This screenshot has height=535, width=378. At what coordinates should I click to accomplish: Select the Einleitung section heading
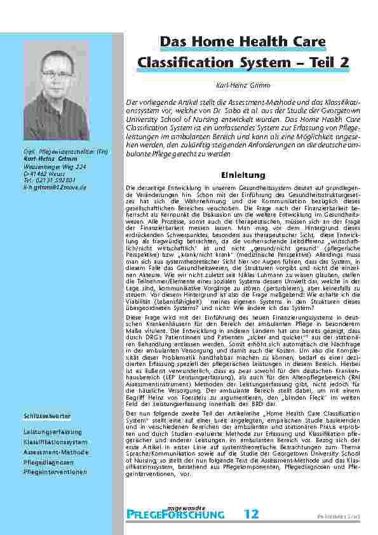(238, 175)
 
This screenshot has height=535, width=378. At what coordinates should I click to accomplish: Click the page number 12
(252, 513)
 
